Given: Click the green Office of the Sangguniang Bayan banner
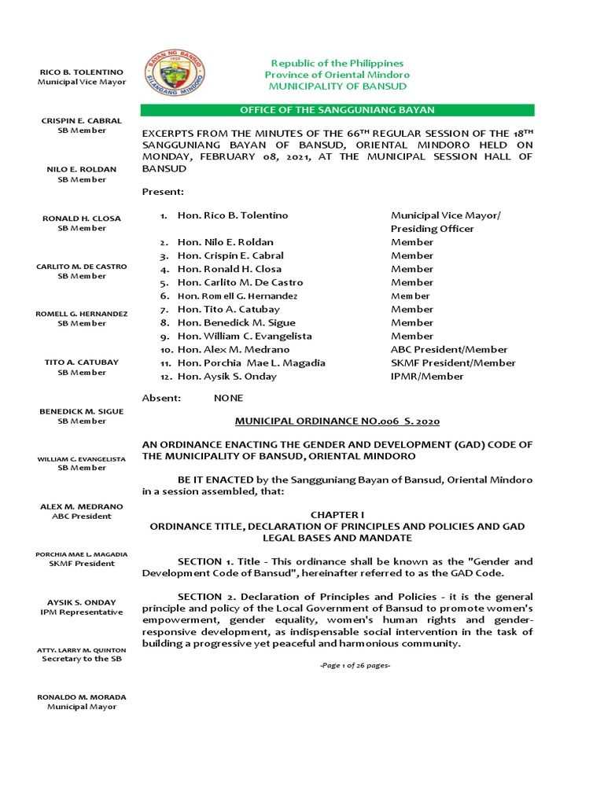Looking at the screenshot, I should pos(337,110).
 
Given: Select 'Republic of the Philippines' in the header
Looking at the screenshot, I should pos(337,63).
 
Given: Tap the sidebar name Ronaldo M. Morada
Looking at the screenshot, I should pos(82,697).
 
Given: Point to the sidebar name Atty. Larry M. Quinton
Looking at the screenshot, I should pos(82,650).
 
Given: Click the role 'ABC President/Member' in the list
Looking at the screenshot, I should pos(449,350).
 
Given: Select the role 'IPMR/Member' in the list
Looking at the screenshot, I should pos(427,377).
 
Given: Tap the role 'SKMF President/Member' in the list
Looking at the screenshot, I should pos(453,363).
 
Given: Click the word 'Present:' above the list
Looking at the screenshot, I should pos(163,192).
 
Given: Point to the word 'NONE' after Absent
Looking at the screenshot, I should pos(229,399).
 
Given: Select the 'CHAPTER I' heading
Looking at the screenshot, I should pos(337,514).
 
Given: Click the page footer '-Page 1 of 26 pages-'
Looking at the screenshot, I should pos(355,666).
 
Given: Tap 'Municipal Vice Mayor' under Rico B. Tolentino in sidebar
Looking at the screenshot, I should pos(82,83).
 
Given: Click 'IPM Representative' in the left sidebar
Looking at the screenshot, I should pos(82,612).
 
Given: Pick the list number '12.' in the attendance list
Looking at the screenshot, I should pos(166,377).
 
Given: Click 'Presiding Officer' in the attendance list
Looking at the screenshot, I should pos(433,229).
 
